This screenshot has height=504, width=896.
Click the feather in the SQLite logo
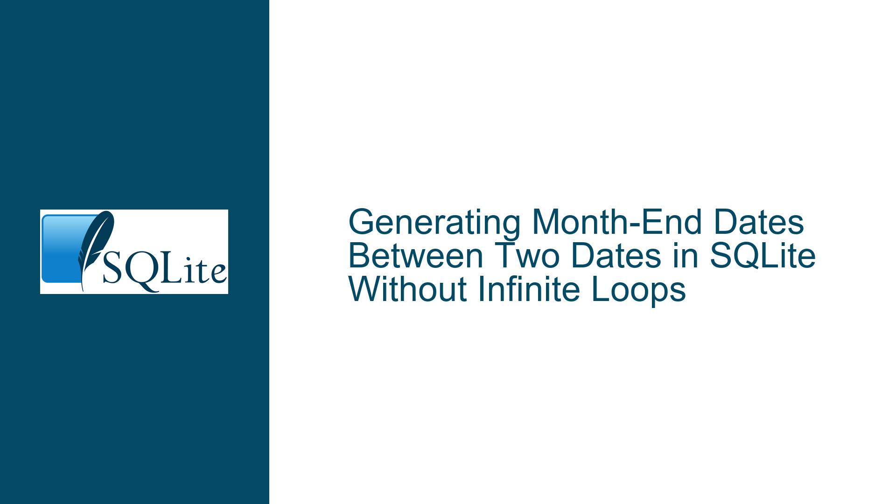point(95,247)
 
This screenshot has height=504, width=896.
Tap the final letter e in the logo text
point(218,273)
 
